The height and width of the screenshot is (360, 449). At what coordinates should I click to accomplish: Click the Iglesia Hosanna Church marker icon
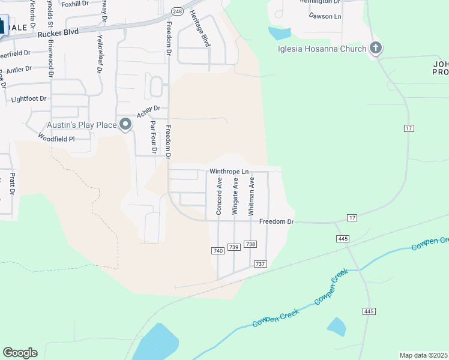click(x=376, y=48)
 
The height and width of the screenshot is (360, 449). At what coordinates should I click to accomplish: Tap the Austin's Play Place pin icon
click(x=125, y=124)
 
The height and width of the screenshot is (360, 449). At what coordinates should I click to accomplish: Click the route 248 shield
click(x=177, y=11)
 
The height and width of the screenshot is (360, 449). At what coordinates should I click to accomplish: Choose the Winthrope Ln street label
click(x=229, y=172)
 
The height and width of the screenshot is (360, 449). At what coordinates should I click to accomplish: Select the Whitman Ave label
click(x=252, y=196)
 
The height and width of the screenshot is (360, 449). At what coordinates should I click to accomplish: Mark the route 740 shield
click(x=217, y=250)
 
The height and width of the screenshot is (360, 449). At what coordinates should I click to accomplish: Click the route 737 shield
click(x=260, y=264)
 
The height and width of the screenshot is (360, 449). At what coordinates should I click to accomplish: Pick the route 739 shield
click(x=234, y=247)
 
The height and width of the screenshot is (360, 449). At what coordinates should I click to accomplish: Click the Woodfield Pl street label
click(x=56, y=139)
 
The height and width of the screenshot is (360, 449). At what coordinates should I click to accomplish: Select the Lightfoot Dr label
click(x=29, y=99)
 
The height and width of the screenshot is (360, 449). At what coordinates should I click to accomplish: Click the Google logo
click(x=20, y=353)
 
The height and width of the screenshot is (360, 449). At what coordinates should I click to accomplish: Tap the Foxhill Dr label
click(x=74, y=4)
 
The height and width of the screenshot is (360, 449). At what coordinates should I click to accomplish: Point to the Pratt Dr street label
click(x=11, y=185)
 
